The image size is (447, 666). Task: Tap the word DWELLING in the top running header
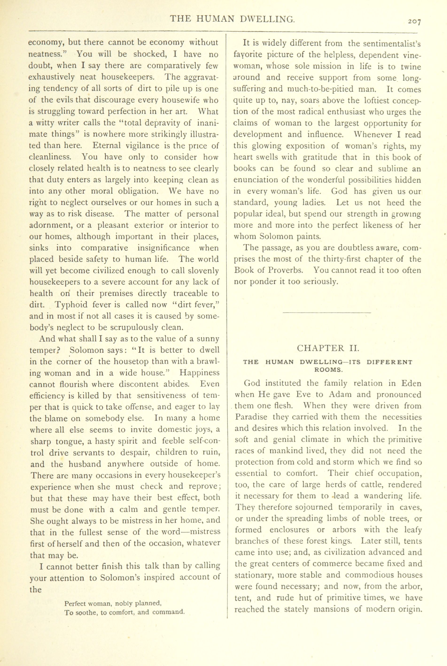(x=267, y=19)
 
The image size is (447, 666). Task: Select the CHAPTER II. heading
(x=328, y=348)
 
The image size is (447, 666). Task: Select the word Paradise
(x=251, y=417)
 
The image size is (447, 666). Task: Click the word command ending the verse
(x=169, y=612)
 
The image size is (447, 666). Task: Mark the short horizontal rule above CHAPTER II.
(x=327, y=313)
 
